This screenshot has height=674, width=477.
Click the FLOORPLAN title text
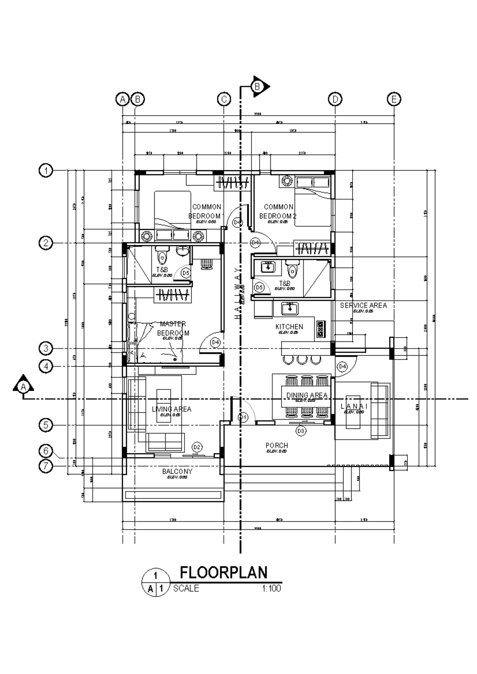224,573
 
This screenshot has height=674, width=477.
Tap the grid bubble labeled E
394,99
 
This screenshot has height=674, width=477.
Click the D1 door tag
243,417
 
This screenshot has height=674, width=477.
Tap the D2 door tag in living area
197,447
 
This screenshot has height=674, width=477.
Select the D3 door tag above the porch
301,431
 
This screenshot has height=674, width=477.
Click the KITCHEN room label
289,327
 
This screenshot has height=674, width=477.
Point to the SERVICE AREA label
363,305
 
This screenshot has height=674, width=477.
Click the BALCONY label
177,472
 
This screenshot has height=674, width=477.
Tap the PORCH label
277,446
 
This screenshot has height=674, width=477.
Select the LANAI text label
354,406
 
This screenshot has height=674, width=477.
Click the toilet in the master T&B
162,257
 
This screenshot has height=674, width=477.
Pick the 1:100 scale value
271,588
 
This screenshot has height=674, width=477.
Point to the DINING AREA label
306,395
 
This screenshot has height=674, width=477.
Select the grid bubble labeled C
224,99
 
